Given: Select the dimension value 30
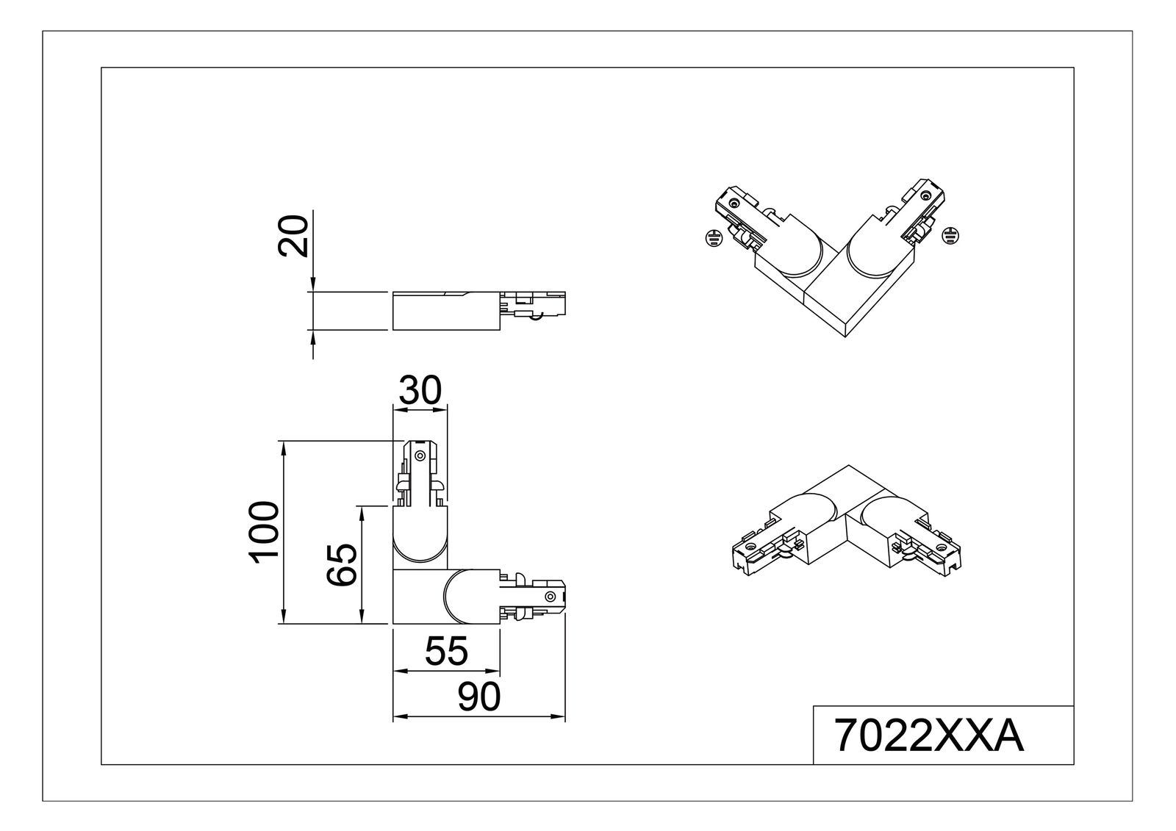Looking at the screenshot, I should pyautogui.click(x=420, y=390).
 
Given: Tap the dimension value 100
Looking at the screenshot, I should pyautogui.click(x=264, y=533).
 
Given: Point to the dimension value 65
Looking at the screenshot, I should pyautogui.click(x=342, y=565).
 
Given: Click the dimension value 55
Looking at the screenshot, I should pyautogui.click(x=447, y=651).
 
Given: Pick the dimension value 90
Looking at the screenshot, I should pyautogui.click(x=479, y=697).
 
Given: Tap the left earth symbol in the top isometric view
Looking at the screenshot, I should pyautogui.click(x=711, y=237).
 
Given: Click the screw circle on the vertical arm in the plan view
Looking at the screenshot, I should pyautogui.click(x=420, y=456).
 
